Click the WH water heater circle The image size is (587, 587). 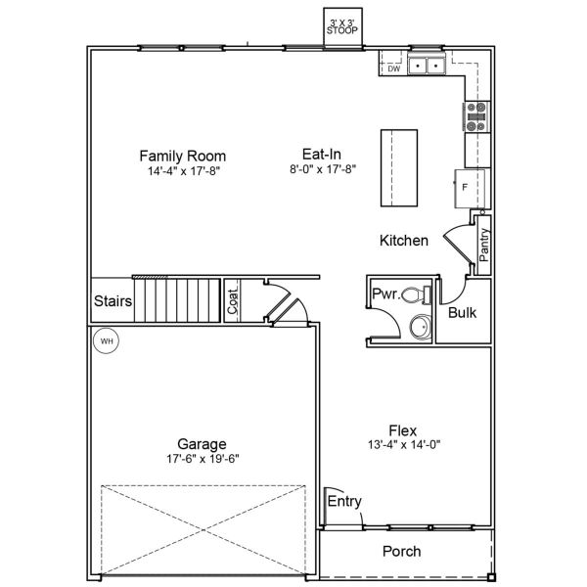click(x=107, y=341)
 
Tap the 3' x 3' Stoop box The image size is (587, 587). click(x=342, y=27)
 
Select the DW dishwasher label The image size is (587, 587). click(x=393, y=68)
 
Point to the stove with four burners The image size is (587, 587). click(x=476, y=116)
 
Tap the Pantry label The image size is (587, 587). click(x=484, y=243)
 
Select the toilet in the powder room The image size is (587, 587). click(x=417, y=293)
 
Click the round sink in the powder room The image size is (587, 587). click(x=419, y=327)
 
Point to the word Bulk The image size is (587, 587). click(x=462, y=313)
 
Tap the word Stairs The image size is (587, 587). click(x=113, y=301)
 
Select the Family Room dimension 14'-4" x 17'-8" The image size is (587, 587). click(x=182, y=169)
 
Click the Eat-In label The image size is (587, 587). click(x=321, y=154)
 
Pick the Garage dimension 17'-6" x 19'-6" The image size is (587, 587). click(x=203, y=458)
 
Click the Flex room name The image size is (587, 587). click(x=403, y=429)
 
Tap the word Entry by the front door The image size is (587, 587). click(x=344, y=502)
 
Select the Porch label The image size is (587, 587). click(x=401, y=552)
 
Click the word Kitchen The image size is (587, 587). click(x=403, y=241)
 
